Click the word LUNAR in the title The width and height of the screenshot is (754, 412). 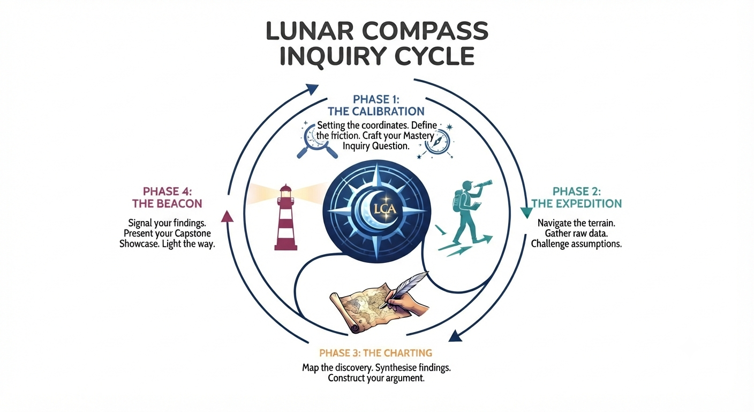point(310,31)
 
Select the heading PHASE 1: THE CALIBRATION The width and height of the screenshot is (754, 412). point(376,105)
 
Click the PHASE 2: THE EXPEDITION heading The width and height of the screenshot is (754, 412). point(576,197)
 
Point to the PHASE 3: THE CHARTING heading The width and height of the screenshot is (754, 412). point(375,353)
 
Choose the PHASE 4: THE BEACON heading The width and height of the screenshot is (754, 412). point(167,197)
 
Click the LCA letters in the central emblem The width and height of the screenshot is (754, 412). point(384,209)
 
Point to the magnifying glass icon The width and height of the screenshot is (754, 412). point(316,141)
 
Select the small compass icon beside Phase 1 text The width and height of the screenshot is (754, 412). point(437,142)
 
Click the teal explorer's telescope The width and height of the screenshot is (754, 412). point(482,185)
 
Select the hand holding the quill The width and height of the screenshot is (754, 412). point(408,304)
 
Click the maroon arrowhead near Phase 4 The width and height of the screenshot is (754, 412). point(227,216)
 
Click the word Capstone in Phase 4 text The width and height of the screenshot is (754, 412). point(193,233)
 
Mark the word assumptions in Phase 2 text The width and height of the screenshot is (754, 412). point(597,244)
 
